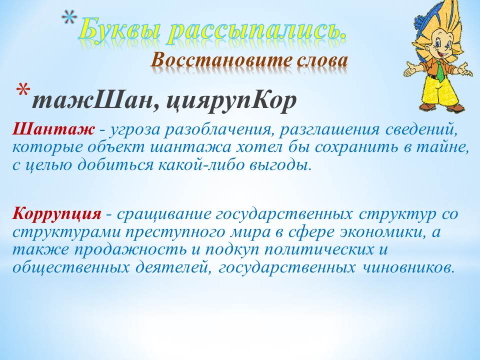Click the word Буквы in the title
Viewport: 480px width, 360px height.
tap(120, 30)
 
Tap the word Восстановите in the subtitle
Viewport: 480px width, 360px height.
tap(221, 60)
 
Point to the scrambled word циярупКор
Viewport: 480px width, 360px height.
tap(231, 101)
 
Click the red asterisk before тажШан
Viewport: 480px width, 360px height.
tap(23, 91)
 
